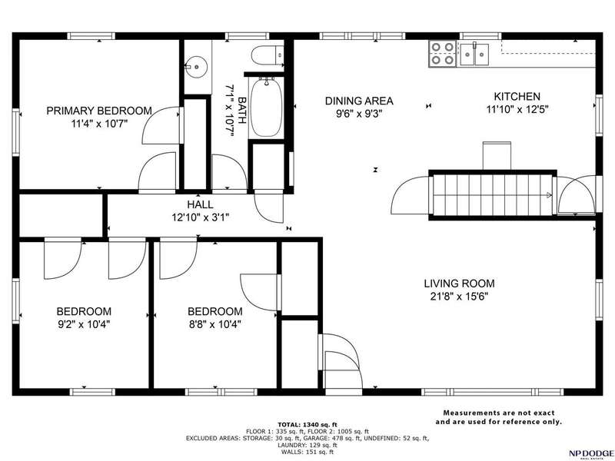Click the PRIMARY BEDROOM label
tap(99, 111)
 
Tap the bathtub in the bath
tap(266, 107)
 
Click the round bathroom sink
tap(196, 66)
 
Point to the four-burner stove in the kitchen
tap(443, 53)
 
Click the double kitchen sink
tap(474, 54)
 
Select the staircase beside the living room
tap(492, 195)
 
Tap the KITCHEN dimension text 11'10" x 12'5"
tap(517, 109)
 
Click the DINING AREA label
tap(359, 101)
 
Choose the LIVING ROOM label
tap(459, 284)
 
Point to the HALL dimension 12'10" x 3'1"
tap(200, 217)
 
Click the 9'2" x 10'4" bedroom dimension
tap(84, 324)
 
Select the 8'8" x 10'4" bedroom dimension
tap(214, 324)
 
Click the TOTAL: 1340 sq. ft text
tap(307, 425)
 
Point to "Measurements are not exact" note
tap(498, 413)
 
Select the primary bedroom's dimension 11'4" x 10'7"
tap(99, 124)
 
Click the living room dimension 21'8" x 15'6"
tap(459, 297)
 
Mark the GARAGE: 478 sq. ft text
tap(337, 438)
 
